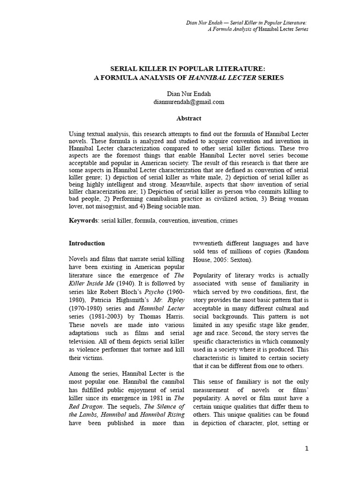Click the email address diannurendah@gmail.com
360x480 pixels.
(189, 102)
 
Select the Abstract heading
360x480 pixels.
(189, 119)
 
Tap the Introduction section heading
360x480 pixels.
(87, 243)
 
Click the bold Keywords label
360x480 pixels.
(83, 220)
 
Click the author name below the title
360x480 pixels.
(189, 94)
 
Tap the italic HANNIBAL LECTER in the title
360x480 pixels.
(228, 77)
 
